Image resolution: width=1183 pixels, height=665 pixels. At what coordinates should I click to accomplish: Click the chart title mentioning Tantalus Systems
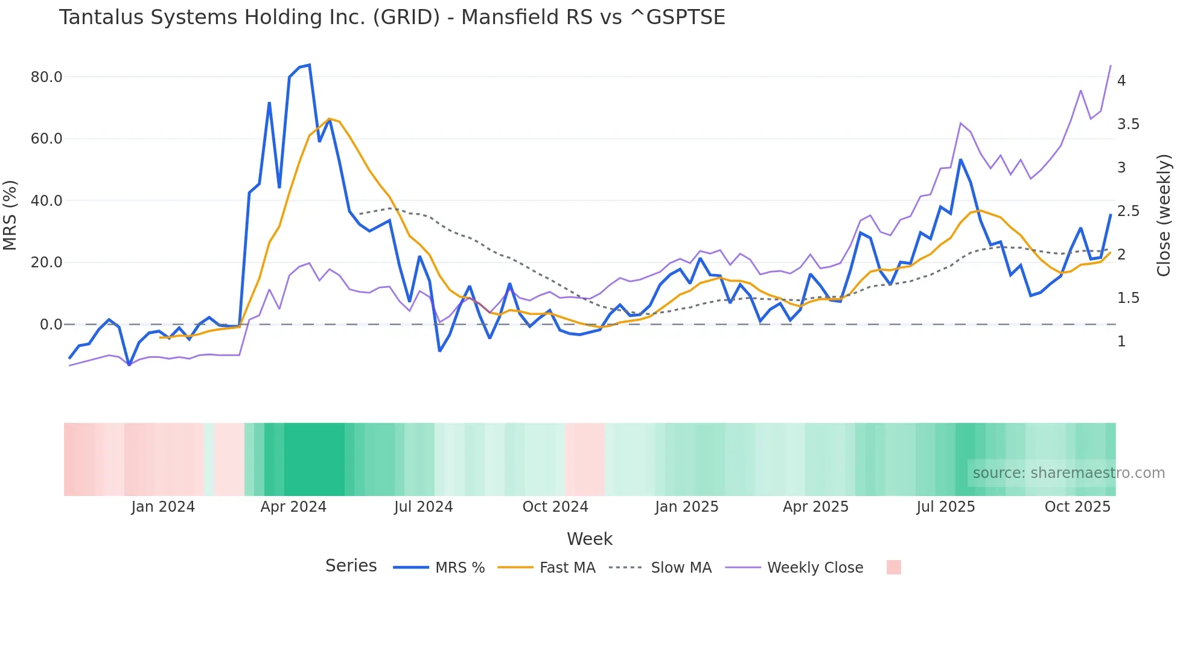tap(392, 17)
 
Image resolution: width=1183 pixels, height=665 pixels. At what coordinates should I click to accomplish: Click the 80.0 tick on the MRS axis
tap(46, 77)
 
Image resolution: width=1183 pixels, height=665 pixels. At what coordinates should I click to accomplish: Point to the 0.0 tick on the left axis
tap(51, 325)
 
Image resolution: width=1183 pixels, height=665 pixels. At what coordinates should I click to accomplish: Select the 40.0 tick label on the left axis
tap(46, 201)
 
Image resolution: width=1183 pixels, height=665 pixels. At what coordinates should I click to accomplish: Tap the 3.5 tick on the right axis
tap(1128, 124)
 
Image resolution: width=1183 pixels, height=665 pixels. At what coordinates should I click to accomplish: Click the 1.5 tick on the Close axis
tap(1128, 298)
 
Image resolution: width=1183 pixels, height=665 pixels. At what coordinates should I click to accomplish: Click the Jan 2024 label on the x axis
tap(163, 507)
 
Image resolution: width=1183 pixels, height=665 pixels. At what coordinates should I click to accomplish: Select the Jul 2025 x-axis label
tap(945, 507)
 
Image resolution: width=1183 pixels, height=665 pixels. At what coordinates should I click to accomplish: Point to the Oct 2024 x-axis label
tap(555, 507)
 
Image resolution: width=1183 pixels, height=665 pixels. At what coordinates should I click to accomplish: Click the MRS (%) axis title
tap(10, 215)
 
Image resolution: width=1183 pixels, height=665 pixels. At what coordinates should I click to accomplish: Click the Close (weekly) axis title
tap(1164, 215)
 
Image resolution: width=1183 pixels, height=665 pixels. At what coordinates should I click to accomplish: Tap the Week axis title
tap(590, 539)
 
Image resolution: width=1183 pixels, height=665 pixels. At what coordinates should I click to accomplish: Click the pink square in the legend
tap(894, 567)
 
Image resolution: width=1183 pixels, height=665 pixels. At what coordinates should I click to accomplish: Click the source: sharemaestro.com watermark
tap(1068, 473)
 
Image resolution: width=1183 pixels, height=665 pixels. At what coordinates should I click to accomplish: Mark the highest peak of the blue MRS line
tap(309, 65)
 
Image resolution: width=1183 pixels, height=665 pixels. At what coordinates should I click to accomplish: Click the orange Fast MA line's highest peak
tap(329, 119)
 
